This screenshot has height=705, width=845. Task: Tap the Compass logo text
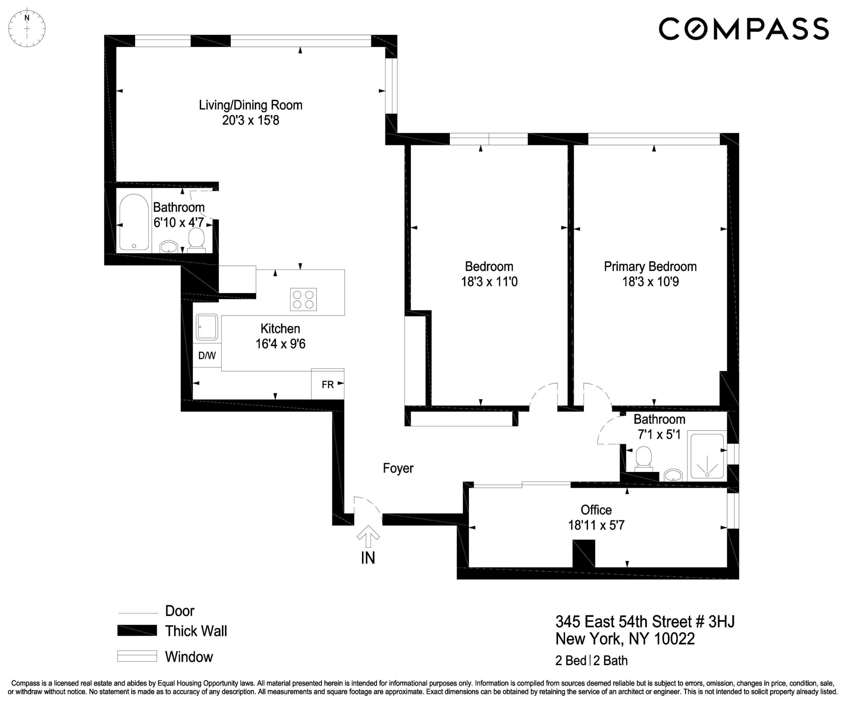coord(743,29)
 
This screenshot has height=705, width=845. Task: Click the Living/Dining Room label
coord(250,105)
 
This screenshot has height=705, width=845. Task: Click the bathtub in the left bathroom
coord(134,222)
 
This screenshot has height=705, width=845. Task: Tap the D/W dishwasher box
coord(207,355)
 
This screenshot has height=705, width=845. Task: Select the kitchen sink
coord(207,327)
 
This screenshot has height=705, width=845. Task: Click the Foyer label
coord(398,468)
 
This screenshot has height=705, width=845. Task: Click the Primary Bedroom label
coord(650,266)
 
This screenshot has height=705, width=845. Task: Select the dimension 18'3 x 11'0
coord(489,282)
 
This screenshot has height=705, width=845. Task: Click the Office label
coord(596,510)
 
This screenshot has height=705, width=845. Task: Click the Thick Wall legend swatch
coord(137,631)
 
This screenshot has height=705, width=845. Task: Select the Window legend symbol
coord(137,656)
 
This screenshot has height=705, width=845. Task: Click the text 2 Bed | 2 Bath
coord(591,661)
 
